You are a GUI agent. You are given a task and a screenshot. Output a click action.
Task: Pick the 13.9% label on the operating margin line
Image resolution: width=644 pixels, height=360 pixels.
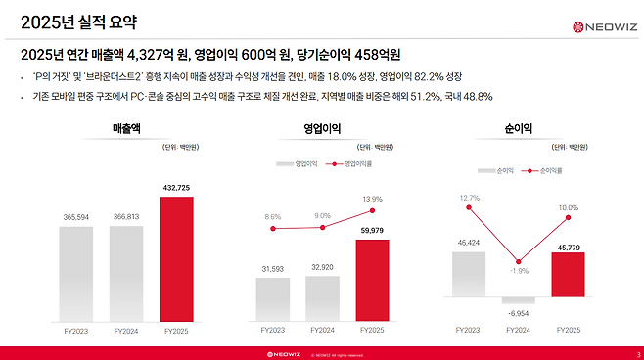click(x=373, y=199)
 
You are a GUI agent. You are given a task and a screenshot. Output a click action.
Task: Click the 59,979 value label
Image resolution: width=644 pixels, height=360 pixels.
click(x=373, y=231)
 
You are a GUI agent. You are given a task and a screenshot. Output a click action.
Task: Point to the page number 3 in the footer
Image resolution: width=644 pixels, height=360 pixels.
click(x=637, y=353)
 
